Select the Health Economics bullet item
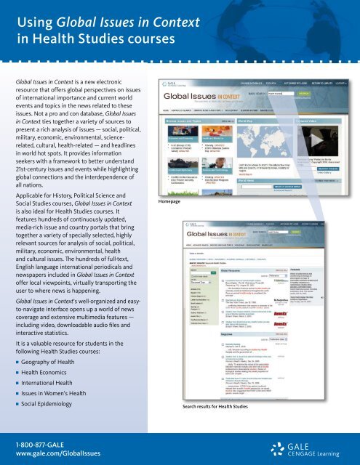[x=47, y=376]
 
